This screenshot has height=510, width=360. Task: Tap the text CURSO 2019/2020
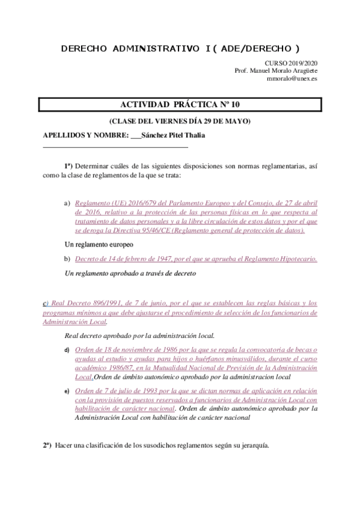pos(291,63)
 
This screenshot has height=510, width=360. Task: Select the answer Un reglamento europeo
pos(99,244)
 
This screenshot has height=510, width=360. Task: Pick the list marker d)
pos(67,349)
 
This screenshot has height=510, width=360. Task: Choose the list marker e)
pos(67,392)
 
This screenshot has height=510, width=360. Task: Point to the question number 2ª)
pos(47,446)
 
